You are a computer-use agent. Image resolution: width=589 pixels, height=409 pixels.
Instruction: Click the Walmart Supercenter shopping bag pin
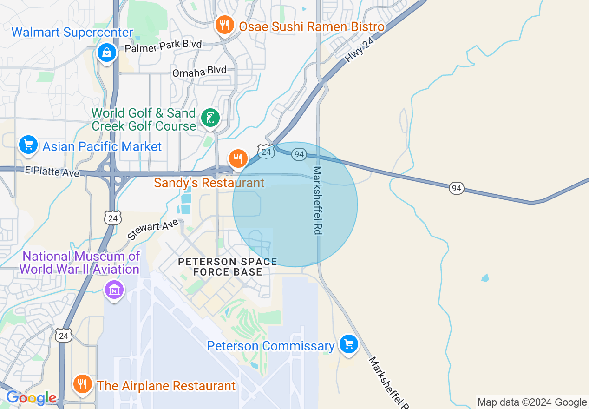pos(107,53)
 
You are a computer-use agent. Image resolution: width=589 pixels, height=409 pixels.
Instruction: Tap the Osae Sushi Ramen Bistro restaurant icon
pos(225,25)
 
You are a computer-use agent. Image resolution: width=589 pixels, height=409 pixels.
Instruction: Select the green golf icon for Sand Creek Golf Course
pos(210,118)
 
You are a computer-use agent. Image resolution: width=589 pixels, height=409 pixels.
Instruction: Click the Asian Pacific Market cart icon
pos(28,145)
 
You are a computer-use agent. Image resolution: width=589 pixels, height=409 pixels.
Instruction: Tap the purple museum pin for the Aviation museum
pos(114,290)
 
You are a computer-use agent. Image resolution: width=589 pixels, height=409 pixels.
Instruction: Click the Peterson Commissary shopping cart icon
pos(349,344)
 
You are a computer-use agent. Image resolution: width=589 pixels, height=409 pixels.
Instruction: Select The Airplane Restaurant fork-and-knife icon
pos(82,384)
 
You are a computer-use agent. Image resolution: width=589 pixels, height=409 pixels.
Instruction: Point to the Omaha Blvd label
pos(199,72)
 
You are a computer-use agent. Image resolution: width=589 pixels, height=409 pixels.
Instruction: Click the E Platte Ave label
pos(52,172)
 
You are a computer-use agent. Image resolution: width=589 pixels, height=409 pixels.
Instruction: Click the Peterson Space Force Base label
pos(228,267)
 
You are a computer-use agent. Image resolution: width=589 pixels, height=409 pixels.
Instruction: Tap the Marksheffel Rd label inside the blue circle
pos(318,200)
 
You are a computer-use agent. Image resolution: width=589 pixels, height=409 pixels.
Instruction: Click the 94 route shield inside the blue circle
pos(299,154)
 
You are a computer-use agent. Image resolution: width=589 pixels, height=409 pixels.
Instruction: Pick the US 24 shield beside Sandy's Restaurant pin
pos(266,152)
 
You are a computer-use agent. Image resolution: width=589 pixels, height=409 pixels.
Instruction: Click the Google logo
pos(31,398)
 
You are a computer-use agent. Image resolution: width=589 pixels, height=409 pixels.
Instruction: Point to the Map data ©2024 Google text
pos(532,402)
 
